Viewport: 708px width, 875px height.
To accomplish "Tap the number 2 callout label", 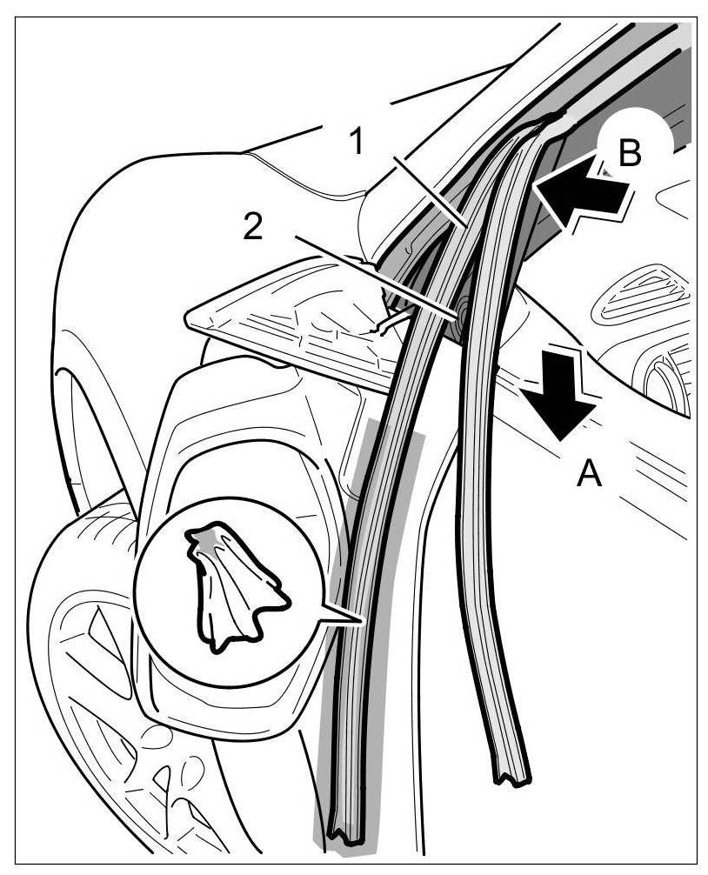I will [251, 227].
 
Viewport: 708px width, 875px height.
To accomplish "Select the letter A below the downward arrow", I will [589, 474].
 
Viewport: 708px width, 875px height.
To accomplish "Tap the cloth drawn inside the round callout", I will [230, 587].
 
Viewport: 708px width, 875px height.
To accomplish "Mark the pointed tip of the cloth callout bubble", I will [359, 620].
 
